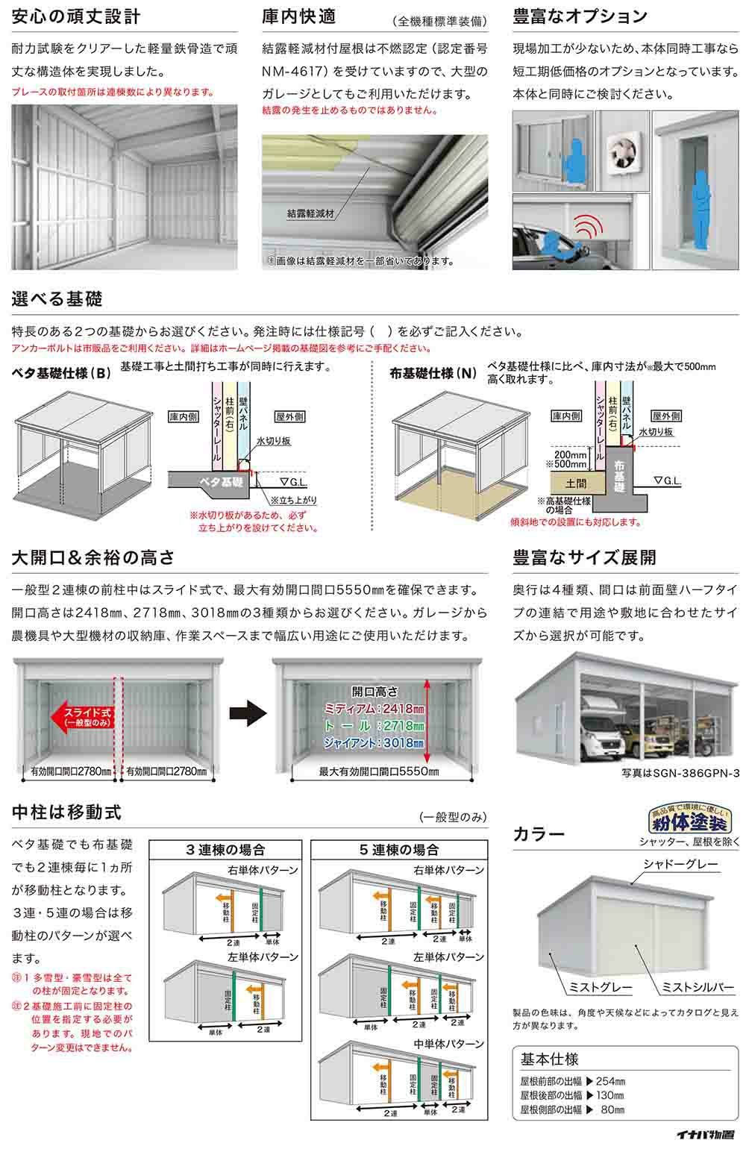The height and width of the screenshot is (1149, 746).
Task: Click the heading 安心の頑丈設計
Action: (77, 16)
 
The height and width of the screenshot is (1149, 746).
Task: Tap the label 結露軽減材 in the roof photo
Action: (310, 213)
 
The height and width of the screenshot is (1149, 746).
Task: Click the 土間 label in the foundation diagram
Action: (576, 482)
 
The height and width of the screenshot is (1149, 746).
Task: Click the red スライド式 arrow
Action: (82, 718)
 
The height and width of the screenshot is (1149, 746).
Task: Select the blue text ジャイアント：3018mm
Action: (374, 743)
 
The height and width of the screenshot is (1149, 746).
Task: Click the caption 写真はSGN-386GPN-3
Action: (680, 774)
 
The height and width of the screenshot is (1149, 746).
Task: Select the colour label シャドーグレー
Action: (680, 864)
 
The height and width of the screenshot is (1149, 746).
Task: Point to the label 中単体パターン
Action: (448, 1044)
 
